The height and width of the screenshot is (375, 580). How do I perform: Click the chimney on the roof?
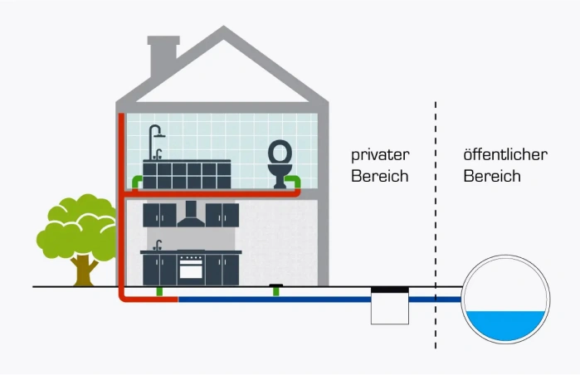tap(163, 55)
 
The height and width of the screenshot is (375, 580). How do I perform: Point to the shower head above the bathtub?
tap(157, 133)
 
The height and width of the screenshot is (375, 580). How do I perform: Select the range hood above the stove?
tap(191, 218)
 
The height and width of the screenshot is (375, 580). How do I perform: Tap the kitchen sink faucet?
tap(158, 245)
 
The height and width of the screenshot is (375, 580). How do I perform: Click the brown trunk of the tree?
tap(82, 267)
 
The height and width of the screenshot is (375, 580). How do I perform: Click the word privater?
tap(380, 155)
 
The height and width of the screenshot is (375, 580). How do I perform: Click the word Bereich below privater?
tap(380, 176)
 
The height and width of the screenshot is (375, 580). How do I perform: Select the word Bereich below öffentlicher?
tap(492, 176)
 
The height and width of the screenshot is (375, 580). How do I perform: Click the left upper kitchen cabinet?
tap(159, 215)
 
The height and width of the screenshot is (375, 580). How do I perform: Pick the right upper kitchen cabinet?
tap(222, 215)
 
